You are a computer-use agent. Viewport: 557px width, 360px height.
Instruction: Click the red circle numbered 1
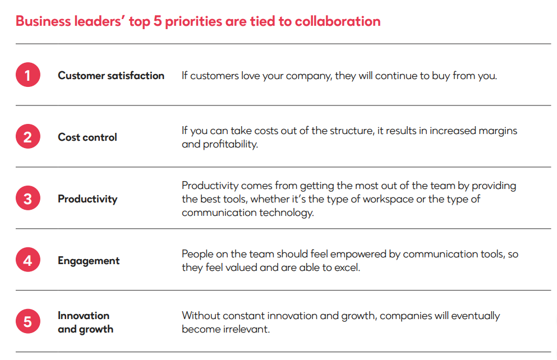pos(28,75)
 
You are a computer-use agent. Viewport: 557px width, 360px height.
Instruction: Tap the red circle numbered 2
pos(28,137)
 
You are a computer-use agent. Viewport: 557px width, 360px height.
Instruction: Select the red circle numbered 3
pos(28,199)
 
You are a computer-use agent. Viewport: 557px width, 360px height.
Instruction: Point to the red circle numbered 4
pos(28,260)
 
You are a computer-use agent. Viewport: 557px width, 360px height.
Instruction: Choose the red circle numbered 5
pos(28,322)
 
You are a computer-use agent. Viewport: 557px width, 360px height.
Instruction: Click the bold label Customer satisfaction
pos(111,75)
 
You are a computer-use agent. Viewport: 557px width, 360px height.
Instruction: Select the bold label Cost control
pos(88,137)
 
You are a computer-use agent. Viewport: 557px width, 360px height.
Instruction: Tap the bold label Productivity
pos(88,199)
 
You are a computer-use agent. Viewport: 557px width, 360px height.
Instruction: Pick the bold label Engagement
pos(89,260)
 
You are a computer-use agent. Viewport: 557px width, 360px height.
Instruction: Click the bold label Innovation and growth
pos(85,322)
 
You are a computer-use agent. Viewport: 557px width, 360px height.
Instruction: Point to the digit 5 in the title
pos(158,21)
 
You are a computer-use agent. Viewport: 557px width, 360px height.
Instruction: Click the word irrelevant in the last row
pos(246,329)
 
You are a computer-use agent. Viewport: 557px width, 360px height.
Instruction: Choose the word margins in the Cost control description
pos(498,131)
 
